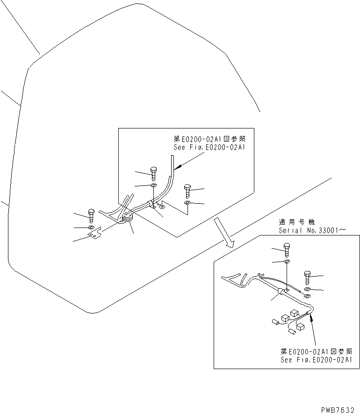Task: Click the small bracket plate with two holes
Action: click(95, 234)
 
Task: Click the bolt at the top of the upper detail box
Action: click(154, 173)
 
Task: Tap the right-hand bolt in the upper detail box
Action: click(187, 190)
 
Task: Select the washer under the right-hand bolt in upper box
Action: click(187, 203)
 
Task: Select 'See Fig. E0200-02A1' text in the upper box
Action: click(209, 147)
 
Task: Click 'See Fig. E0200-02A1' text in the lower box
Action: click(317, 360)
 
